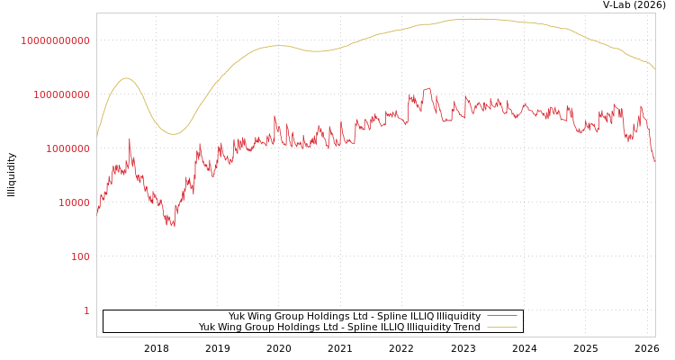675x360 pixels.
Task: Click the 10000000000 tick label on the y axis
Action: point(55,40)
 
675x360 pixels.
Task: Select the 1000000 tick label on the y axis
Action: point(67,148)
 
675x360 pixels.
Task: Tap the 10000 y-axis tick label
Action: point(72,202)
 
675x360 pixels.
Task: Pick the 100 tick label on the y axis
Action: point(80,256)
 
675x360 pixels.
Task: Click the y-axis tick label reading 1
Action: point(86,310)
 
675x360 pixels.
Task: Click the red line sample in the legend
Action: point(501,317)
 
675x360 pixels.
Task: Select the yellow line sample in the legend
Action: point(501,328)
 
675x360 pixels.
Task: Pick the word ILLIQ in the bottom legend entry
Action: point(395,328)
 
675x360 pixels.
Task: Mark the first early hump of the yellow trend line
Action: point(126,78)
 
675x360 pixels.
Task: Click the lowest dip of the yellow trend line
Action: point(174,134)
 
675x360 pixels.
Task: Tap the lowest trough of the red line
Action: point(173,226)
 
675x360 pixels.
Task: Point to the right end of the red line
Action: point(654,162)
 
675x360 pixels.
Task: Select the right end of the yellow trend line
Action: point(654,69)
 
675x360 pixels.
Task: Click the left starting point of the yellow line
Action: point(97,135)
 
